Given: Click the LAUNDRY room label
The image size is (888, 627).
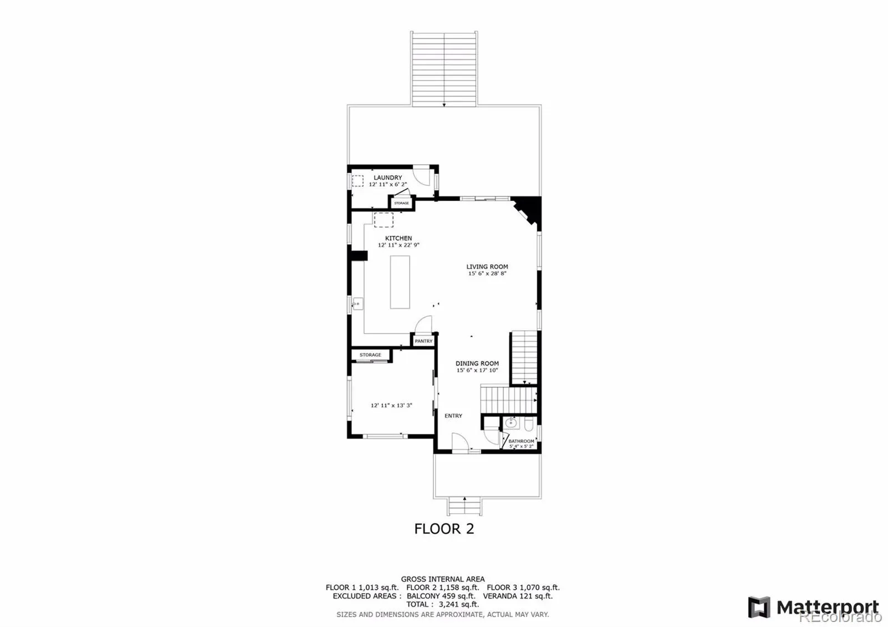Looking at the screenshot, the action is coord(388,178).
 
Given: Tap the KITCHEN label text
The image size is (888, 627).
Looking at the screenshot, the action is coord(398,238).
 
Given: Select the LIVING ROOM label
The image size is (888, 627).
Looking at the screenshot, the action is coord(487,267).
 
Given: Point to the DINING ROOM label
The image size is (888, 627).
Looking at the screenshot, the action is coord(477,363).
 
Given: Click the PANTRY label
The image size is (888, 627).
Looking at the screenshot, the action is coord(423,341).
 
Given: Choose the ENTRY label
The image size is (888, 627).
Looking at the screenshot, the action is coord(453,416).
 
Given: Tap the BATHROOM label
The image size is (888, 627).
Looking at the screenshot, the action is coord(521,441).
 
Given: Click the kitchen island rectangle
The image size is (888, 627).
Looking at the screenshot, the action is coord(400,282).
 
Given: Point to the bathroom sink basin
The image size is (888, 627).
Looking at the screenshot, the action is coord(511,422).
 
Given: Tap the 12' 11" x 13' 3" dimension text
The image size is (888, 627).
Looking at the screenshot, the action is coord(391,406).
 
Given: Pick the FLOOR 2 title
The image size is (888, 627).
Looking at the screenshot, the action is coord(444,529).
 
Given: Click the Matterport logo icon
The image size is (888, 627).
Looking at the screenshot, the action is coord(759,607).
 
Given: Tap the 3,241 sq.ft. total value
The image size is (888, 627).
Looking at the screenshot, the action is coord(458,604).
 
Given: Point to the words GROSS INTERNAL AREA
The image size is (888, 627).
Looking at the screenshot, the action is coord(443,579).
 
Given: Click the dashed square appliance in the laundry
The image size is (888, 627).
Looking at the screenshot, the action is coord(357,181).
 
